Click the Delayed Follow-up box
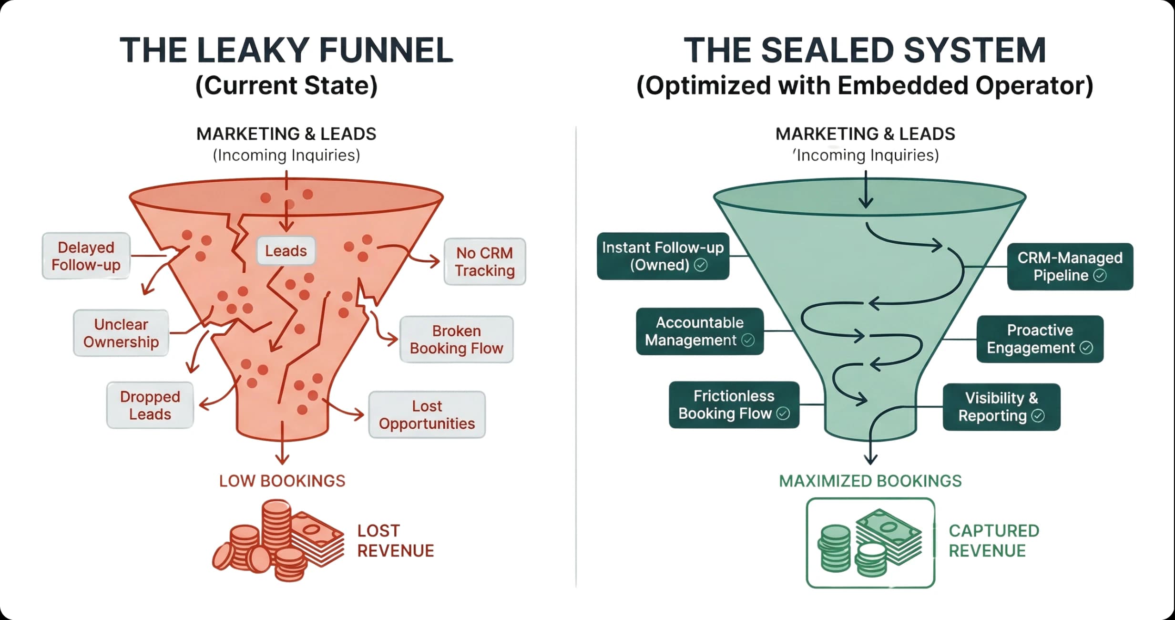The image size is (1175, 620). (86, 256)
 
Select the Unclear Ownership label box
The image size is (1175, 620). (121, 333)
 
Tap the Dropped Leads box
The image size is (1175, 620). (150, 405)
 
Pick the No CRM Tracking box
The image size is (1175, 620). (485, 262)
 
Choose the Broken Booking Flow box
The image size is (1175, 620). (456, 340)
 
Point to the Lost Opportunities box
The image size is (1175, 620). (427, 414)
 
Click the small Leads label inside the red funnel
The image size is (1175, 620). (286, 251)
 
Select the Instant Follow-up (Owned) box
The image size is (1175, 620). (663, 256)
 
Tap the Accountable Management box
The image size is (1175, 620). (699, 331)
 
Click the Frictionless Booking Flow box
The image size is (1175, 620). (734, 404)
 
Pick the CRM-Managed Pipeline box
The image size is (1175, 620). (1070, 267)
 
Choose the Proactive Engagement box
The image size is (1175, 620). (1040, 339)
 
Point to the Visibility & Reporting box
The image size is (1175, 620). (1001, 407)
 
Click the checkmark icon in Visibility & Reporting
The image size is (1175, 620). (1038, 416)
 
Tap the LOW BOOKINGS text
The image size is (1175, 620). (282, 481)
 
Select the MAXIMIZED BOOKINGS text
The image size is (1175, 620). (870, 481)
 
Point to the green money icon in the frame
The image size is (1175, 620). (870, 543)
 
